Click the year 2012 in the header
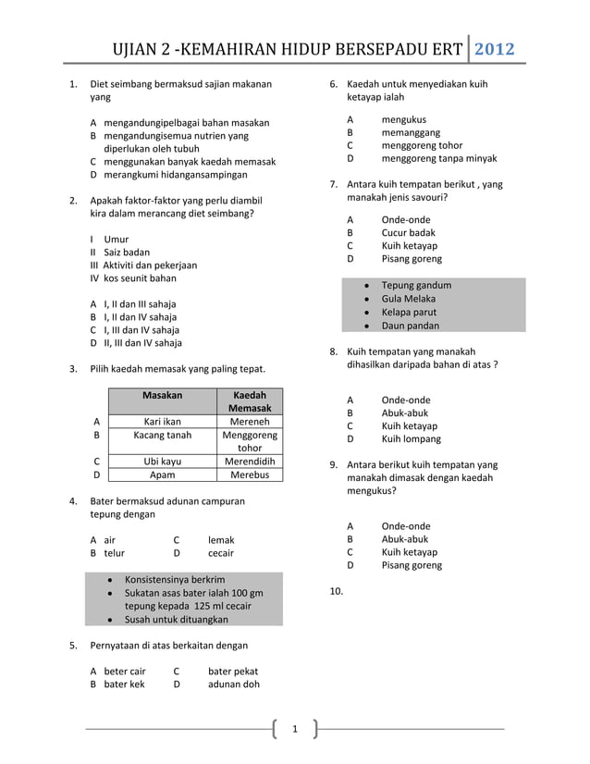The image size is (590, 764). [494, 50]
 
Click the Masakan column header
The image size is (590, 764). [162, 395]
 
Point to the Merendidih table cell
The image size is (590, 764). [250, 461]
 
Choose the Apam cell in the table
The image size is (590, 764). [162, 474]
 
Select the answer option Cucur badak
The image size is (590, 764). [408, 233]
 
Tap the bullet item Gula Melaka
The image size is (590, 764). [408, 299]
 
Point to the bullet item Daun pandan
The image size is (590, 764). [410, 326]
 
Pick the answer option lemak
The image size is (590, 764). [221, 540]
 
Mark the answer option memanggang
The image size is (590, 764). [412, 132]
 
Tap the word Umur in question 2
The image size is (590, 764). [117, 240]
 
